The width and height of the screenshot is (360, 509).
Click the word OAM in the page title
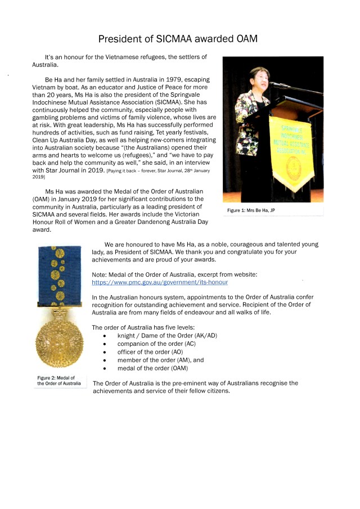(x=246, y=39)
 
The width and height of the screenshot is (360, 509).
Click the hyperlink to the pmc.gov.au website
(x=160, y=282)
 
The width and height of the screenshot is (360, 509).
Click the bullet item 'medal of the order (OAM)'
(x=152, y=368)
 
